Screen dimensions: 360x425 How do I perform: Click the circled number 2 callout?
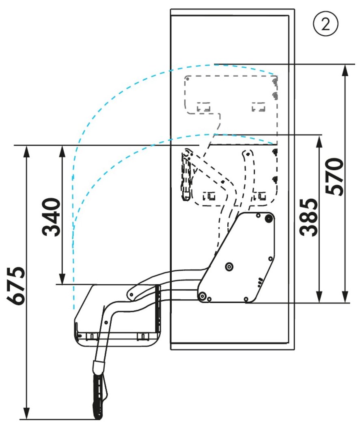point(326,24)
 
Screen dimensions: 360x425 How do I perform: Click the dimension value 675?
point(16,286)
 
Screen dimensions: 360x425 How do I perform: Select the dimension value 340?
point(51,217)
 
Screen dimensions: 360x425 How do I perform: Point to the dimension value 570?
point(334,176)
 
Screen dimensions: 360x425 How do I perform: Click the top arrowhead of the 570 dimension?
point(345,70)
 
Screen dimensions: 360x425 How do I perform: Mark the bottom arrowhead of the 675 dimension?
point(26,413)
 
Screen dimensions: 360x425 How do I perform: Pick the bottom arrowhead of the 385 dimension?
point(319,296)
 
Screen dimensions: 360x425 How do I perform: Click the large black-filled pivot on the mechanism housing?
point(268,218)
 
